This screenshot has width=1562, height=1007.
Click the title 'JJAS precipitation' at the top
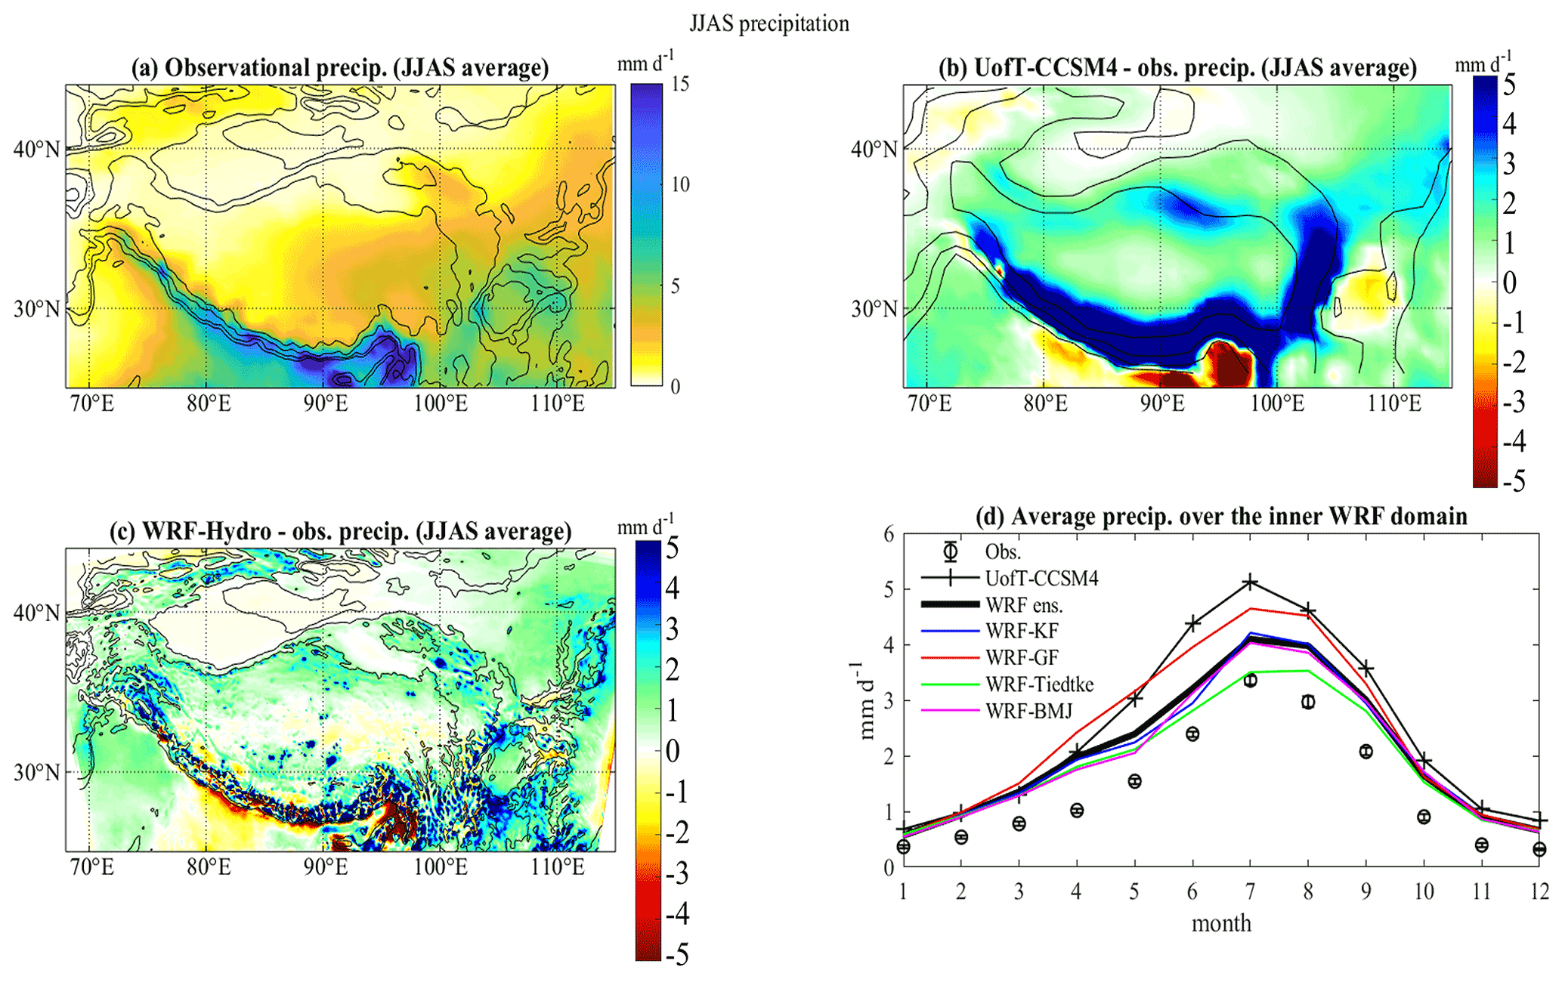(769, 23)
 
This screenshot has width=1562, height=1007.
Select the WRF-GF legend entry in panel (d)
(1022, 657)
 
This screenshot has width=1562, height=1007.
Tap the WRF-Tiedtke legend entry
(1039, 684)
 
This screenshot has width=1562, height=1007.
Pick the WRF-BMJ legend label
(1028, 711)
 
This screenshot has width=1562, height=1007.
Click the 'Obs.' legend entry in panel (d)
(1003, 551)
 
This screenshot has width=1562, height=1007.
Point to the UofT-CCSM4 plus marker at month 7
(1250, 582)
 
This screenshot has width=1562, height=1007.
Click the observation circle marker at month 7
(1250, 681)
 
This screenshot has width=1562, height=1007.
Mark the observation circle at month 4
(1077, 811)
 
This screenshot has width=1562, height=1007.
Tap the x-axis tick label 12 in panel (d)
(1539, 892)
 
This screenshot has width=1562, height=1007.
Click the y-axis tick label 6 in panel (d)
(889, 535)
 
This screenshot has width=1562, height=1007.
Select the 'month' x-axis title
(1221, 923)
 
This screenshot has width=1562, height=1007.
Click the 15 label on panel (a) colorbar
(680, 84)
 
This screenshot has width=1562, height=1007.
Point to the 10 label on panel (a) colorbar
(680, 184)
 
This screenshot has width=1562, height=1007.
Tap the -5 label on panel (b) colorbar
(1513, 480)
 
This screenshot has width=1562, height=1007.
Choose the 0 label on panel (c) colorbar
(672, 751)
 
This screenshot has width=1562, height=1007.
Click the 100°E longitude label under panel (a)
(441, 403)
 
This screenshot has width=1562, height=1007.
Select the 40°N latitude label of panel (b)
(874, 149)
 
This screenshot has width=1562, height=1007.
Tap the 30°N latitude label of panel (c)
(36, 772)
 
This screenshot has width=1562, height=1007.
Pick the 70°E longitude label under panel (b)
(929, 403)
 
